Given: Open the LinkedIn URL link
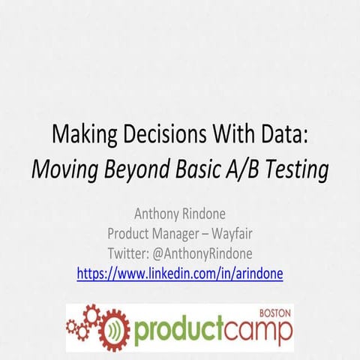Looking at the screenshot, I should click(180, 274).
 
